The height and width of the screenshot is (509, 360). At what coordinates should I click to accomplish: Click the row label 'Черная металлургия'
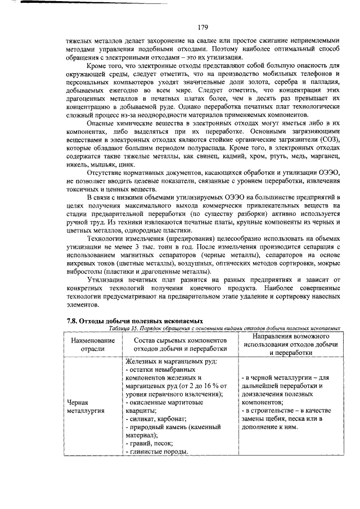click(x=85, y=407)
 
